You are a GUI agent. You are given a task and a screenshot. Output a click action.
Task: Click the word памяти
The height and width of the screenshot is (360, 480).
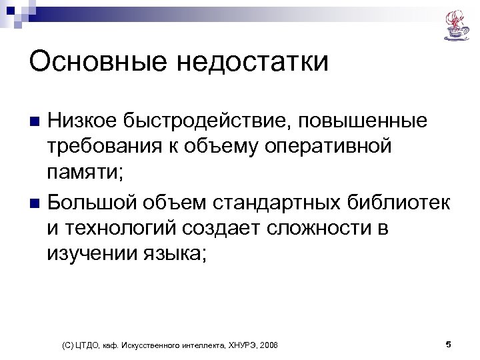[82, 173]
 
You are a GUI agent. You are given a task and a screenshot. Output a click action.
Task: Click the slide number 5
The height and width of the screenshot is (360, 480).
[448, 344]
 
